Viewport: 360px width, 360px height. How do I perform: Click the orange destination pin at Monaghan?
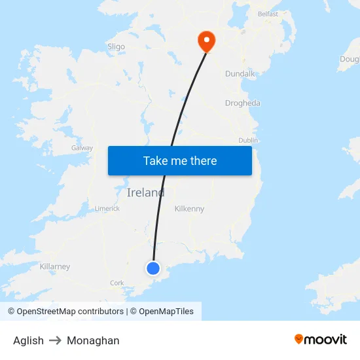click(x=207, y=41)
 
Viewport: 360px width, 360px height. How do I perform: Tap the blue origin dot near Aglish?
click(x=153, y=268)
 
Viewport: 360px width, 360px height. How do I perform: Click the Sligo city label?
click(x=116, y=46)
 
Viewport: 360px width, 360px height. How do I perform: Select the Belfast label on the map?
click(x=268, y=14)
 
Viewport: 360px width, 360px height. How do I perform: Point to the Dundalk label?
click(x=240, y=74)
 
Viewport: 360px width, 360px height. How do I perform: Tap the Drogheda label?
click(x=242, y=103)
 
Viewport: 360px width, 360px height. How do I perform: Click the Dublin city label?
click(x=248, y=140)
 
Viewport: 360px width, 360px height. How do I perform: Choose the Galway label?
click(x=82, y=148)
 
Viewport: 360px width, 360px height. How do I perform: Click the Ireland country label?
click(x=145, y=192)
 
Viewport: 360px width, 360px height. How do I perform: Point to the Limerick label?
click(x=107, y=208)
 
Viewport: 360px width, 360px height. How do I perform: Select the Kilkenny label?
click(x=189, y=209)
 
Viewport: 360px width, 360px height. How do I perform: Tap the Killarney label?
click(x=55, y=266)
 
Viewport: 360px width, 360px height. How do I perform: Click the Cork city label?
click(x=117, y=283)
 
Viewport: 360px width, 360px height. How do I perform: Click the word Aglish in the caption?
click(x=28, y=340)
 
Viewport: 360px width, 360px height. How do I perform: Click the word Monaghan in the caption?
click(x=93, y=340)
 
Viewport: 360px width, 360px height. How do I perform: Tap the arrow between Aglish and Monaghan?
click(x=55, y=340)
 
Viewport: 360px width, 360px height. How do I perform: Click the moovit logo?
click(x=320, y=339)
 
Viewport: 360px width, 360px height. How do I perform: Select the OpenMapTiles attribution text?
click(x=162, y=312)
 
